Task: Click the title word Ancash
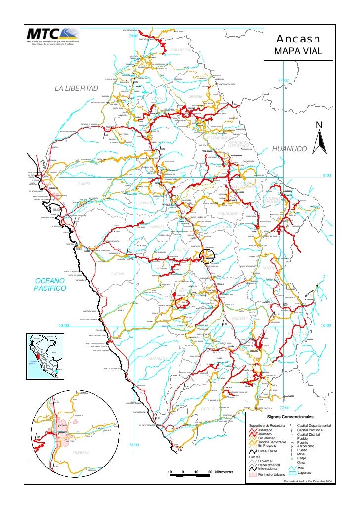[x=298, y=39]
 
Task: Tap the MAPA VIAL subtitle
[x=298, y=51]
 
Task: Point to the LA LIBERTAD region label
[x=76, y=88]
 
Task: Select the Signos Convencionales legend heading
[x=291, y=417]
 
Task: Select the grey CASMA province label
[x=117, y=274]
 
